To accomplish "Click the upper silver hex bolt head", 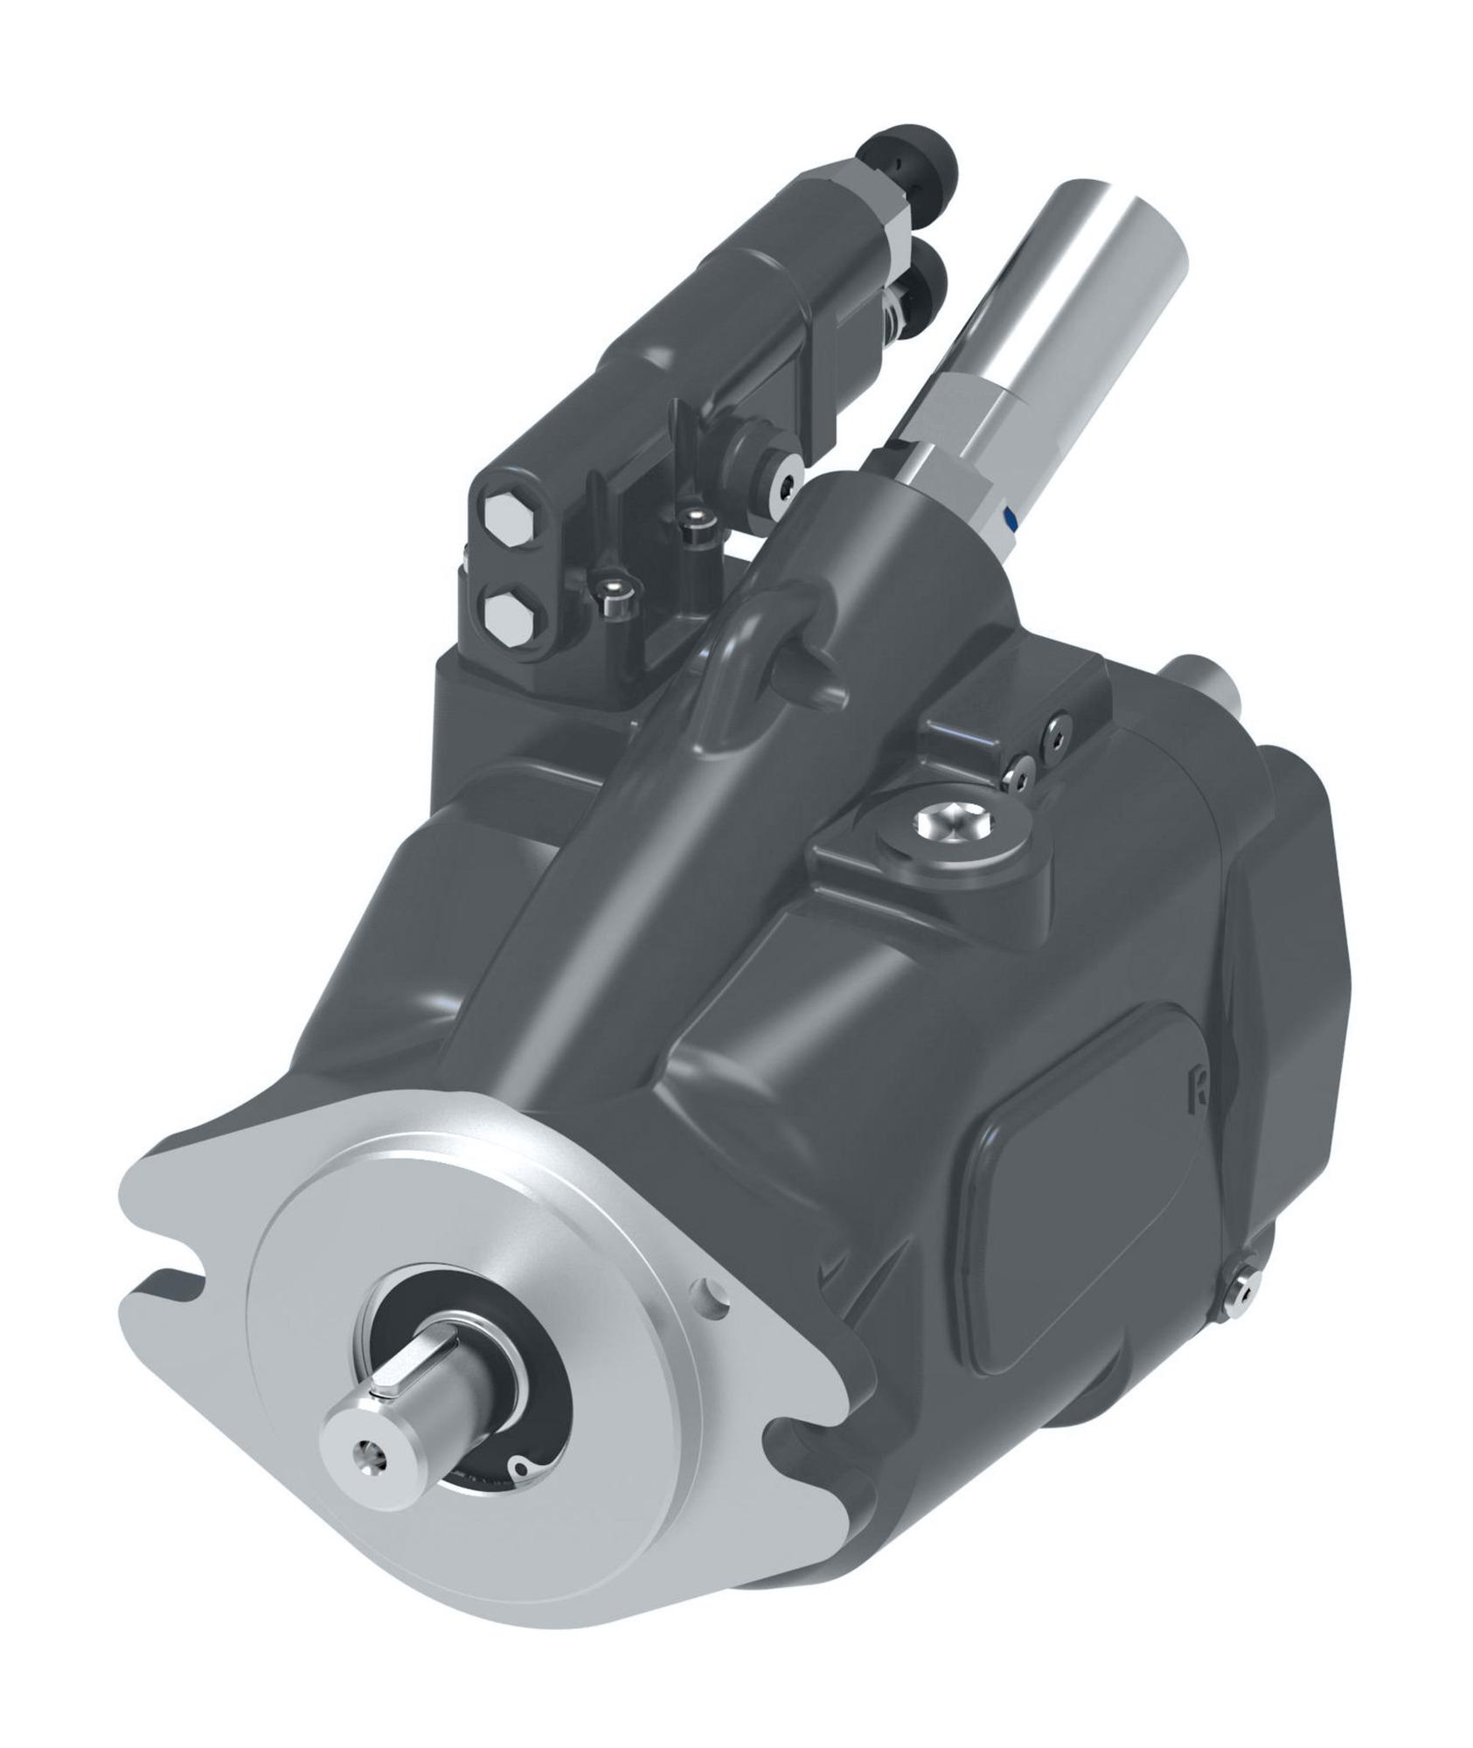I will coord(509,524).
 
